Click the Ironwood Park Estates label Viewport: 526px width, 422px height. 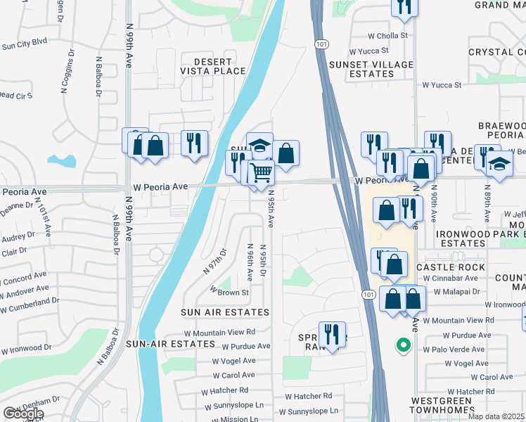(x=481, y=238)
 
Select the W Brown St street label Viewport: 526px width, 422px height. (x=231, y=292)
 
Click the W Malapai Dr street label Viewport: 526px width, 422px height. (x=451, y=291)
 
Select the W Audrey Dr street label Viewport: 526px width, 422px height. (x=18, y=238)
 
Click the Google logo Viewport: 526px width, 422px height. (x=23, y=414)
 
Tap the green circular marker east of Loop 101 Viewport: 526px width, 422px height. (x=403, y=345)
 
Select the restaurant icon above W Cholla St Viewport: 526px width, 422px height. (x=404, y=6)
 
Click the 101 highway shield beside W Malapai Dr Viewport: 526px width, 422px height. (x=368, y=293)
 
